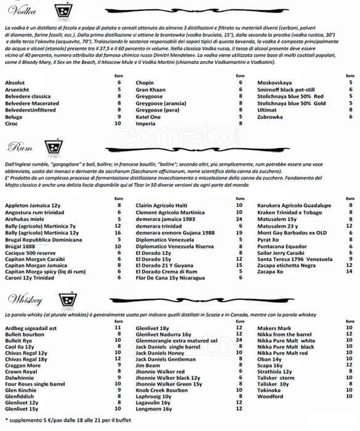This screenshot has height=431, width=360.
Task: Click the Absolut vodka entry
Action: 15,82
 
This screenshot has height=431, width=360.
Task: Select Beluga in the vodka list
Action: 15,116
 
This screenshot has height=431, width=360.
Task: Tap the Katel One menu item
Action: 148,116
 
